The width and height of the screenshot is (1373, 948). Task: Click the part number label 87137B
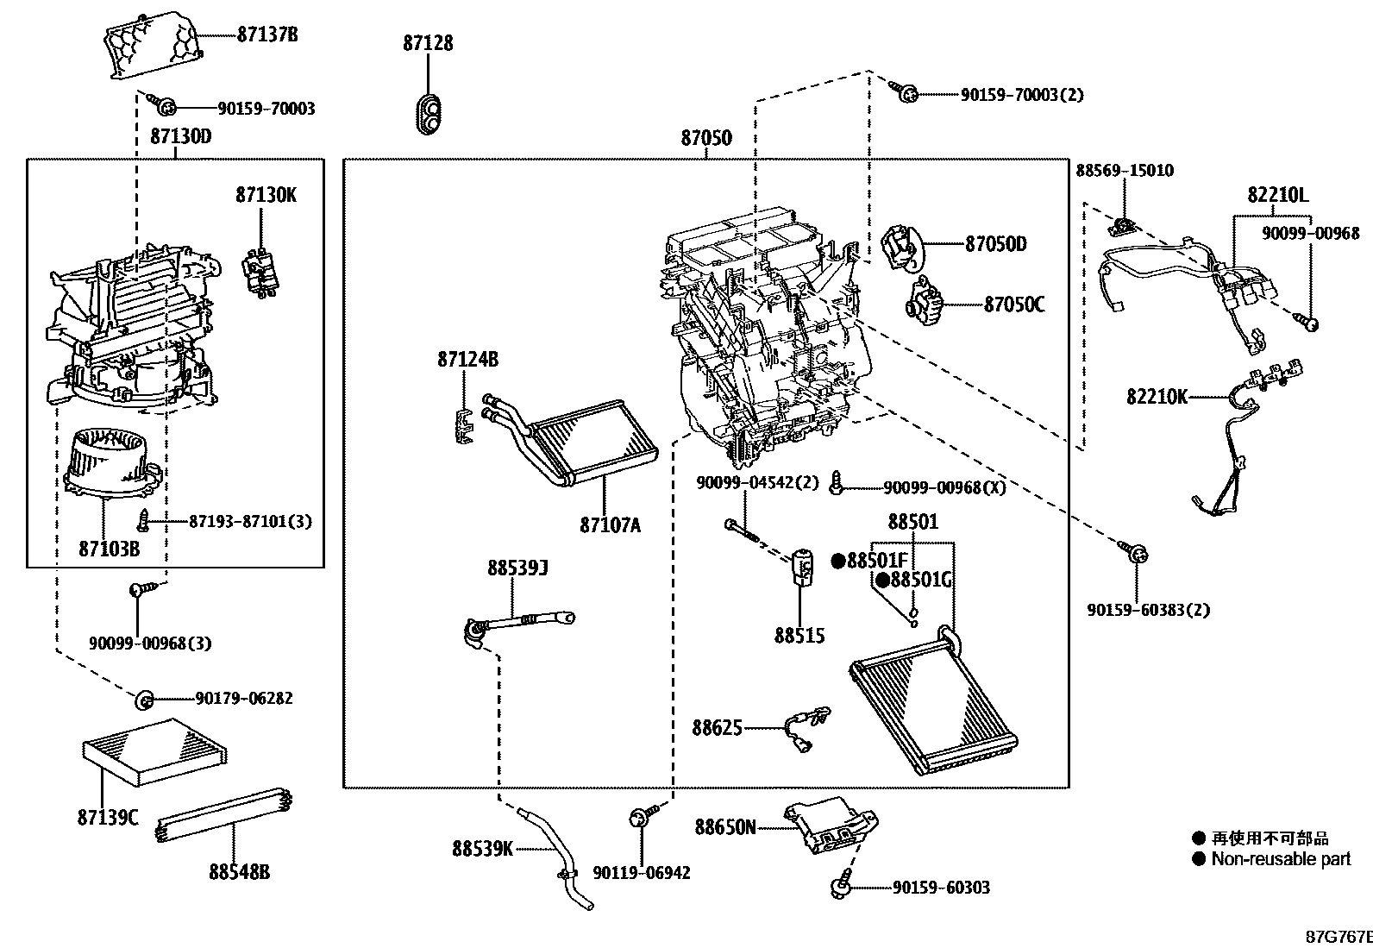[267, 35]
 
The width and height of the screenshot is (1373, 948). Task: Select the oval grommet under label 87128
[429, 114]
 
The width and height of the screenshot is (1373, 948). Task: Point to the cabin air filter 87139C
[154, 752]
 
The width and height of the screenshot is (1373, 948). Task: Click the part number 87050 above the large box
[706, 138]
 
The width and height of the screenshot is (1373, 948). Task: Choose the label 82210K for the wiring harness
[1157, 397]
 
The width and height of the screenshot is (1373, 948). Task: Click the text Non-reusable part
[1281, 858]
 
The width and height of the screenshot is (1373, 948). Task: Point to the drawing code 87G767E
[1339, 936]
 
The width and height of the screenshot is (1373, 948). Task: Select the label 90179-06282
[244, 698]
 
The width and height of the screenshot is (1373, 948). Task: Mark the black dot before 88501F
[838, 561]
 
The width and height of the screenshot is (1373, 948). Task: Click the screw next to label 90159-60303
[842, 883]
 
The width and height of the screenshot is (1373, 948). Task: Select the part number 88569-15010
[1125, 171]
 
